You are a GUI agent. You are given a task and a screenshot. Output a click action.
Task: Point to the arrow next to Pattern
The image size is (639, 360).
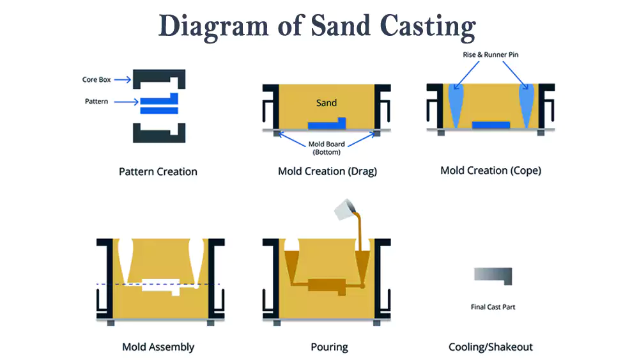point(127,102)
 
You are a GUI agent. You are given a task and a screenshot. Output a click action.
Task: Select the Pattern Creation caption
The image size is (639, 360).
point(158,171)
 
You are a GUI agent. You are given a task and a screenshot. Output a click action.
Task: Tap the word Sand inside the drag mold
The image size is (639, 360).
point(327,102)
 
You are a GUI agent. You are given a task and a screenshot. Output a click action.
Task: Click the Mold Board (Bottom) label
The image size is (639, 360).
point(327,148)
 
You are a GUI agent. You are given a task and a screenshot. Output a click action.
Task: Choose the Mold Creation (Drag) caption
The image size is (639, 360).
point(327,171)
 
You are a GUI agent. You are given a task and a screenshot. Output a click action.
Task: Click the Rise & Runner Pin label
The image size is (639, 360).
point(491,55)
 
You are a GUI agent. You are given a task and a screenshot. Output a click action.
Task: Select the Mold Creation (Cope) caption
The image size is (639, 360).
point(491,171)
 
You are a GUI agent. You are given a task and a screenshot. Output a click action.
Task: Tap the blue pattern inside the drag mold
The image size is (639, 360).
point(326,124)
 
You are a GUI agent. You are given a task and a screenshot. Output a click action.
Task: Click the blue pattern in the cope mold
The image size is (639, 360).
point(491,125)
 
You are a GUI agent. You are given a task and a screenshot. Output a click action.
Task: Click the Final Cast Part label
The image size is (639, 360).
point(493,308)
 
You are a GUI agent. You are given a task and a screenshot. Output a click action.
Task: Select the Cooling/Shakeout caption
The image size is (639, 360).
point(491,347)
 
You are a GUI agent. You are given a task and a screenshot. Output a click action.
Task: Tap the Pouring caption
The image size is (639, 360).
point(329,347)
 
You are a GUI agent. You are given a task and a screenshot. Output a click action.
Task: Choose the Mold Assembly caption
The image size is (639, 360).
point(158,347)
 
